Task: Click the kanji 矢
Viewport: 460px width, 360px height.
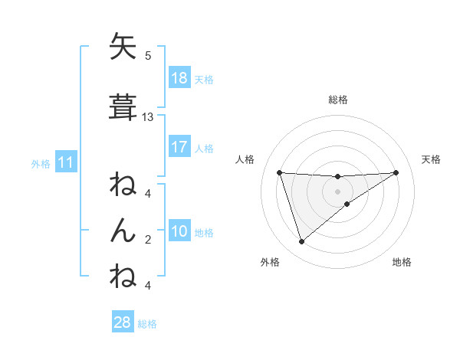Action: (123, 47)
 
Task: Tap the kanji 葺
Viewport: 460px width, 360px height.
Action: (123, 106)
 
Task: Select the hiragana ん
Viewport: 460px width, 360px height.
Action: (123, 229)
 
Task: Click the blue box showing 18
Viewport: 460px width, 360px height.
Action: (179, 78)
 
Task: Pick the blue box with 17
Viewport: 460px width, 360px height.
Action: (179, 146)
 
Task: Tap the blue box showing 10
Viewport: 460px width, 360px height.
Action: (179, 232)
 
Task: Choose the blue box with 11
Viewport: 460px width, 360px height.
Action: (65, 162)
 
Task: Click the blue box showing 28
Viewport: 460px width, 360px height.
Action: (123, 322)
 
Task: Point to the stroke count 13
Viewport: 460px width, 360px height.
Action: (148, 117)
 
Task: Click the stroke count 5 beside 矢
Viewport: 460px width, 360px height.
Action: (148, 56)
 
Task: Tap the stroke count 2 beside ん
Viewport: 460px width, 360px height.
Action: (148, 241)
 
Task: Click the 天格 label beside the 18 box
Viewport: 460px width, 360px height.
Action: (204, 79)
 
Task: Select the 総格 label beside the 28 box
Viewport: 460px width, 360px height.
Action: (147, 324)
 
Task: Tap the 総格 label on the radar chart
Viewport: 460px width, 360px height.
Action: (337, 100)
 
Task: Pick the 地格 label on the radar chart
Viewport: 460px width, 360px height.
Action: (402, 262)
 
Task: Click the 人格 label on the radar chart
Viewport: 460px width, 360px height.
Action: (246, 159)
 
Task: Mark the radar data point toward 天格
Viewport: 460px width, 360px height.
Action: (396, 172)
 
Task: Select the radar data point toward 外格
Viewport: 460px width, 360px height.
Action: (301, 242)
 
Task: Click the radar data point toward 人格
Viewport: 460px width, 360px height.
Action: (280, 172)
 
